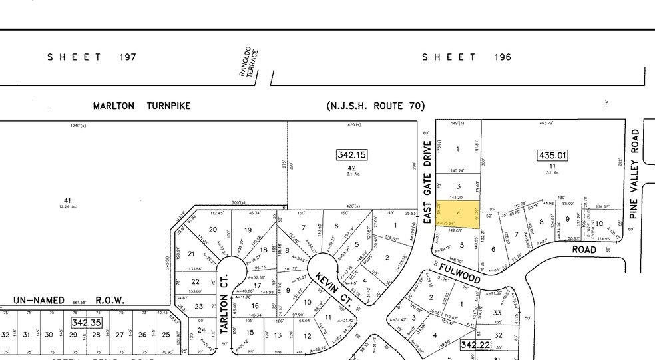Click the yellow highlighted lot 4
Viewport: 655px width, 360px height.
(457, 214)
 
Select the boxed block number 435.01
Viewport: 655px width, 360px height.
(552, 156)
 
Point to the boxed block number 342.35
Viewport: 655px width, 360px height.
(87, 322)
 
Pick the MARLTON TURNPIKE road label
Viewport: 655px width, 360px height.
(142, 106)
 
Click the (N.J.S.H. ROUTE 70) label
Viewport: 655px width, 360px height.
(375, 106)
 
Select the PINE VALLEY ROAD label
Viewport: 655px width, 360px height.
(636, 174)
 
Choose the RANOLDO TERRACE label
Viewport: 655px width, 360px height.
(248, 62)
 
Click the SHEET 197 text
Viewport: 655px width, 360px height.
(92, 57)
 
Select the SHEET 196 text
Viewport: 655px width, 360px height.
(467, 57)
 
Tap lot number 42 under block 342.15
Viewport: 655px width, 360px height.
(352, 168)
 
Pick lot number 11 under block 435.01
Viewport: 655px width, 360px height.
(552, 166)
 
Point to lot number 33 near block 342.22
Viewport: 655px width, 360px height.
(497, 313)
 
